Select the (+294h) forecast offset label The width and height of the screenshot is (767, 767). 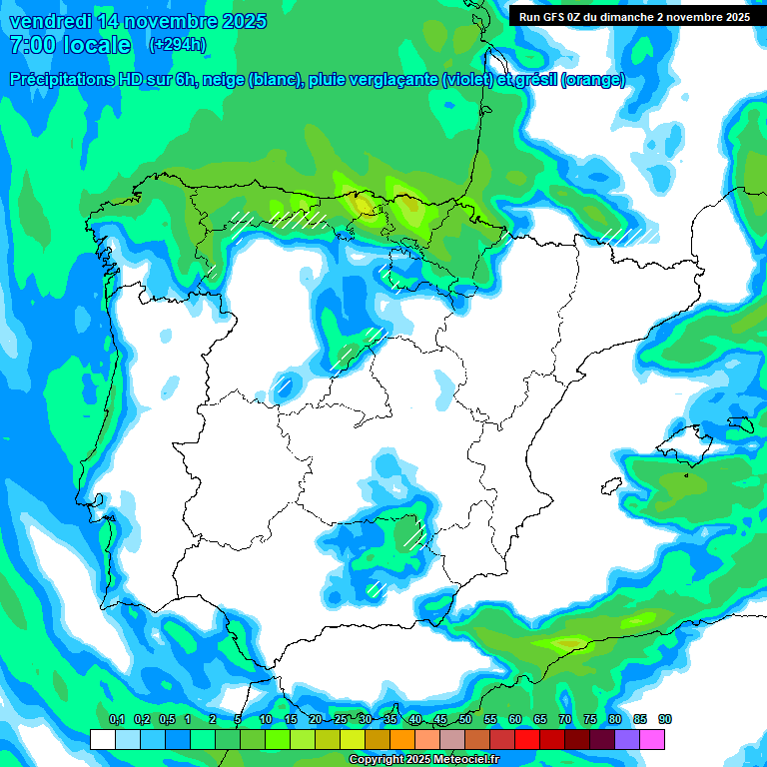tap(177, 45)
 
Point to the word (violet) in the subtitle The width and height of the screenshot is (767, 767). tap(466, 80)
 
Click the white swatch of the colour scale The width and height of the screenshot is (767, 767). tap(102, 739)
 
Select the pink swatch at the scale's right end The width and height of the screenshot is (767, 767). tap(652, 739)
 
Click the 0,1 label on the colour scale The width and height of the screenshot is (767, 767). tap(116, 720)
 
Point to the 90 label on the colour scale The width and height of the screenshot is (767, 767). tap(665, 720)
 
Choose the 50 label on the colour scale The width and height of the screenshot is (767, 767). tap(465, 720)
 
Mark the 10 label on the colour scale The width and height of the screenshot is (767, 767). tap(266, 720)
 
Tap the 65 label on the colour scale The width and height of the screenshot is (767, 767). tap(540, 720)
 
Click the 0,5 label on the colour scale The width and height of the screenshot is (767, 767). tap(166, 720)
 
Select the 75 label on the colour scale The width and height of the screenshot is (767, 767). tap(590, 720)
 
